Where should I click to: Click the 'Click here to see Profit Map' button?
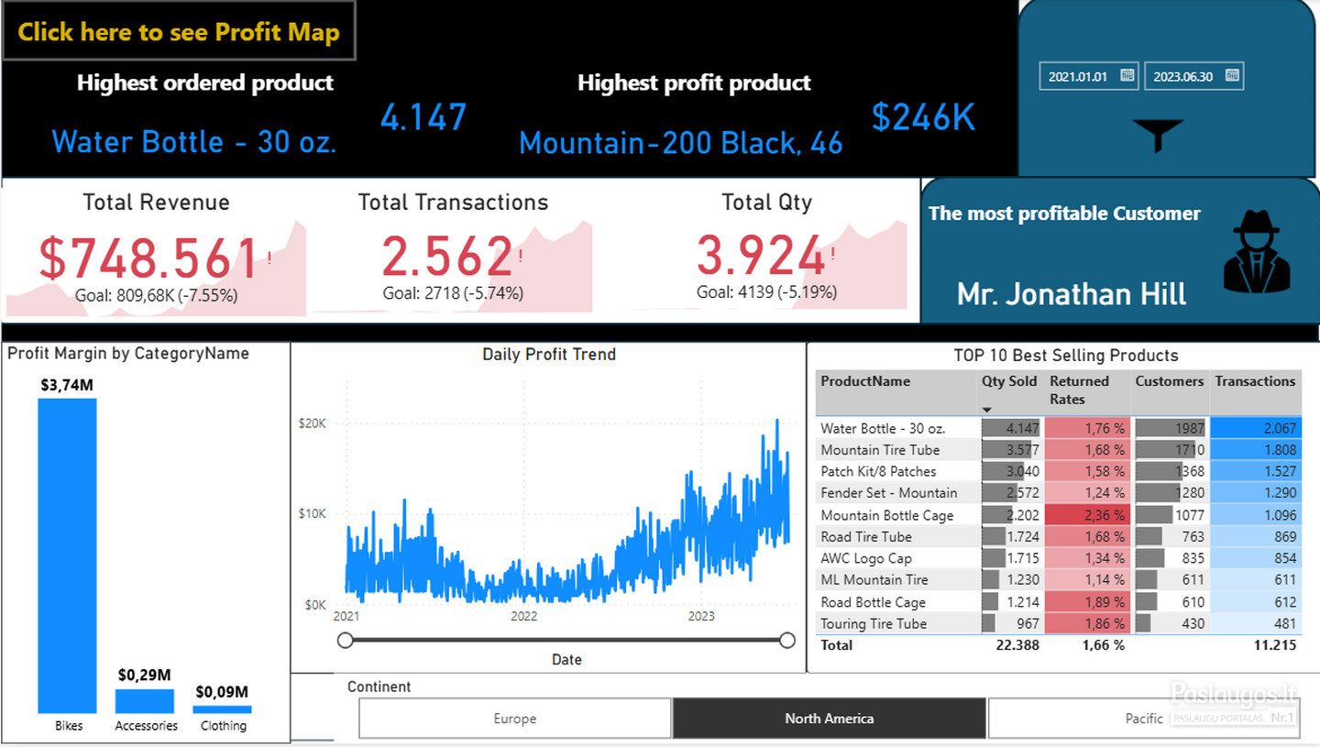[x=179, y=31]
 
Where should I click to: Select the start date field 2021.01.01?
[x=1088, y=77]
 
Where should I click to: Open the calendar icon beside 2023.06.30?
[x=1232, y=75]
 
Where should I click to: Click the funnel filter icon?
[x=1158, y=135]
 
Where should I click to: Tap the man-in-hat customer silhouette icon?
[x=1257, y=251]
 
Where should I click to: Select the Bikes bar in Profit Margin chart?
[x=67, y=555]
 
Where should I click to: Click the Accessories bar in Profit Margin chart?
[x=145, y=701]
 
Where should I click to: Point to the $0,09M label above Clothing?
[x=222, y=692]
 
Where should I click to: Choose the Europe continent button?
[x=515, y=719]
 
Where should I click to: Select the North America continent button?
[x=829, y=719]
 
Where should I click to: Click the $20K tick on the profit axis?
[x=312, y=423]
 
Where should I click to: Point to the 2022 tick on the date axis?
[x=524, y=616]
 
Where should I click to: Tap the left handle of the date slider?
[x=346, y=641]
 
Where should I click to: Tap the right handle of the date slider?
[x=786, y=641]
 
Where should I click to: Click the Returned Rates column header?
[x=1079, y=390]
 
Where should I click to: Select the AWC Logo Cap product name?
[x=865, y=558]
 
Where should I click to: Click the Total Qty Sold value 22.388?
[x=1017, y=645]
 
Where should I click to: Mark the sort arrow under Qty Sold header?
[x=987, y=410]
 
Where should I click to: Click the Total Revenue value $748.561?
[x=148, y=258]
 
